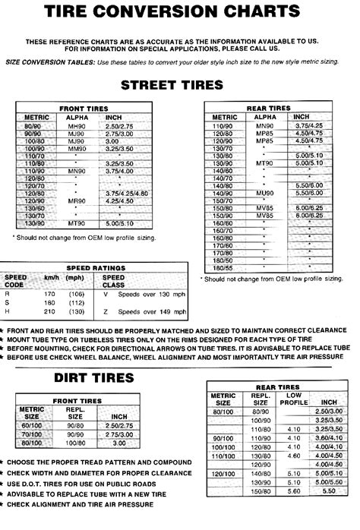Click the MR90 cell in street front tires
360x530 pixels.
[x=75, y=200]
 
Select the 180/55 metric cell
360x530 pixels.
[x=224, y=267]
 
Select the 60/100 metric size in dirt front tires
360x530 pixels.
[x=34, y=427]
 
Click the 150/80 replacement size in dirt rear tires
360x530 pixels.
[x=262, y=511]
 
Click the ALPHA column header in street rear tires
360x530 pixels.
[x=264, y=118]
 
